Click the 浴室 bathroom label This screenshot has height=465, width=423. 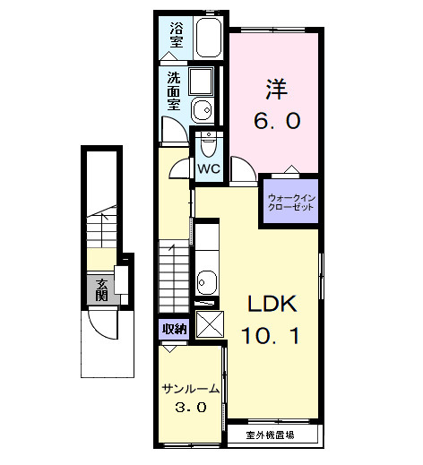[176, 35]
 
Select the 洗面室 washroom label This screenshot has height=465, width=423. [173, 91]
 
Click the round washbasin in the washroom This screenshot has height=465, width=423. [201, 112]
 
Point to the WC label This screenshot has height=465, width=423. [208, 168]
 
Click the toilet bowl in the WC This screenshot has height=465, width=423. [209, 142]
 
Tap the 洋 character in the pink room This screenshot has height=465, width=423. [274, 90]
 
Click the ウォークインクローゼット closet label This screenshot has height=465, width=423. [290, 201]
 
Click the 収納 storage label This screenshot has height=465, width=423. [174, 329]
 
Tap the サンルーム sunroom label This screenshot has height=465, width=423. [190, 389]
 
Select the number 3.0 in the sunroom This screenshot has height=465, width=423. [190, 408]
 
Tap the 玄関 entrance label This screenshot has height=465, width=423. [102, 288]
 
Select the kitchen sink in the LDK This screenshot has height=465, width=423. [207, 280]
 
